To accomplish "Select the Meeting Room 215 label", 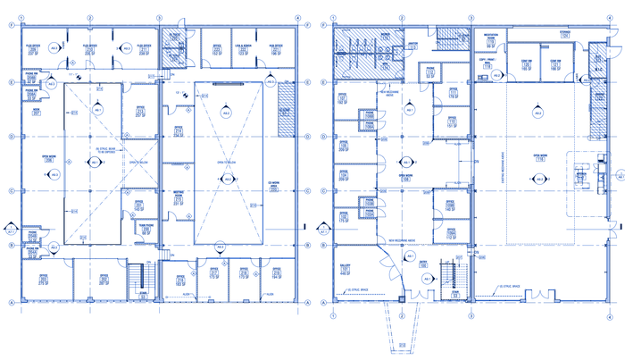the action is [178, 198].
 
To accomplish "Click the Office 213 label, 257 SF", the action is [139, 111].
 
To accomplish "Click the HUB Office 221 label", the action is [276, 50].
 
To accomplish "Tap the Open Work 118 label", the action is [539, 155].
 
